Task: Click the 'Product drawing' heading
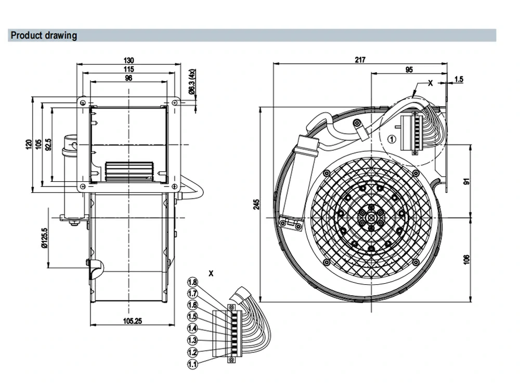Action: pyautogui.click(x=44, y=35)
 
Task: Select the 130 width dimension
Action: pyautogui.click(x=128, y=60)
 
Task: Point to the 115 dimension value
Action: pyautogui.click(x=128, y=69)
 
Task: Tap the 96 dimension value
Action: pyautogui.click(x=128, y=78)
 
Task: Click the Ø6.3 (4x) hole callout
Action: pyautogui.click(x=192, y=82)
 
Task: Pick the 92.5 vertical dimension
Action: pyautogui.click(x=48, y=145)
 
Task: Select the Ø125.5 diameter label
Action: pyautogui.click(x=44, y=238)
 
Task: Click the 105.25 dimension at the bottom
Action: pyautogui.click(x=132, y=321)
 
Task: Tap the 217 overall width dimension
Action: pyautogui.click(x=360, y=60)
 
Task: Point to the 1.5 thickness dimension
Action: pyautogui.click(x=459, y=79)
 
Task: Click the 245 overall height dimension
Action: pyautogui.click(x=256, y=204)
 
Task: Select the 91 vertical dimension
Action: pyautogui.click(x=467, y=181)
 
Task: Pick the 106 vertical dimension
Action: pyautogui.click(x=466, y=259)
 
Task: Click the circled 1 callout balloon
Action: pyautogui.click(x=392, y=139)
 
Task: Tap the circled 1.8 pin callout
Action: pyautogui.click(x=192, y=282)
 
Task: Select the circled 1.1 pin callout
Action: pyautogui.click(x=192, y=364)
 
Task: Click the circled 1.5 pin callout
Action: pyautogui.click(x=192, y=316)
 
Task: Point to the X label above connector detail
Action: pyautogui.click(x=211, y=273)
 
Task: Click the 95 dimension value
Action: pyautogui.click(x=409, y=70)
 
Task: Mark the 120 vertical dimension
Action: pyautogui.click(x=29, y=145)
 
